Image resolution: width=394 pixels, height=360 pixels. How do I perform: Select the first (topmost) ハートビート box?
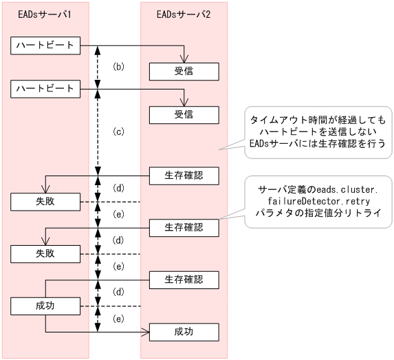tap(46, 45)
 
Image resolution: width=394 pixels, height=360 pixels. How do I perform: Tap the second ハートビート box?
tap(46, 88)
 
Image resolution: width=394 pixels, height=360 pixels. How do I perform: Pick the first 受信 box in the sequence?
tap(184, 72)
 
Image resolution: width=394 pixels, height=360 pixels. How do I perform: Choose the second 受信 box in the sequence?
tap(184, 114)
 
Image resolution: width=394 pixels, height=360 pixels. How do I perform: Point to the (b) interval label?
tap(118, 67)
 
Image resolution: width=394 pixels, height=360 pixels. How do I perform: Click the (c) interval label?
tap(118, 131)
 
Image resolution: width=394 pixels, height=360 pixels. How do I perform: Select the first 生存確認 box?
tap(184, 175)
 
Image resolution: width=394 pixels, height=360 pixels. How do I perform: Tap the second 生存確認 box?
tap(184, 227)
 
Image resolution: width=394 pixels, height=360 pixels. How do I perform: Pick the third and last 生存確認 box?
tap(184, 279)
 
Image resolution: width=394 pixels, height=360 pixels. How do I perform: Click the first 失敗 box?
tap(46, 202)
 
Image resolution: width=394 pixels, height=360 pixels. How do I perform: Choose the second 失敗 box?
tap(46, 254)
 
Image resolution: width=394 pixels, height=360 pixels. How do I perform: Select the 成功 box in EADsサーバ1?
tap(46, 306)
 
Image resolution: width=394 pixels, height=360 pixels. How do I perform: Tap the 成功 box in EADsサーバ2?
tap(184, 332)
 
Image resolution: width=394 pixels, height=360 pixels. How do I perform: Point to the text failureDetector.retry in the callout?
tap(318, 200)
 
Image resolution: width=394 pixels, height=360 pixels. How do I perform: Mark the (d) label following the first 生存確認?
tap(118, 188)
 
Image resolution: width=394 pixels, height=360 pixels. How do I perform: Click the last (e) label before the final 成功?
tap(118, 319)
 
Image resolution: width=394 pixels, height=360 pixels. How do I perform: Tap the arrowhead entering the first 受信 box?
tap(184, 61)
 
